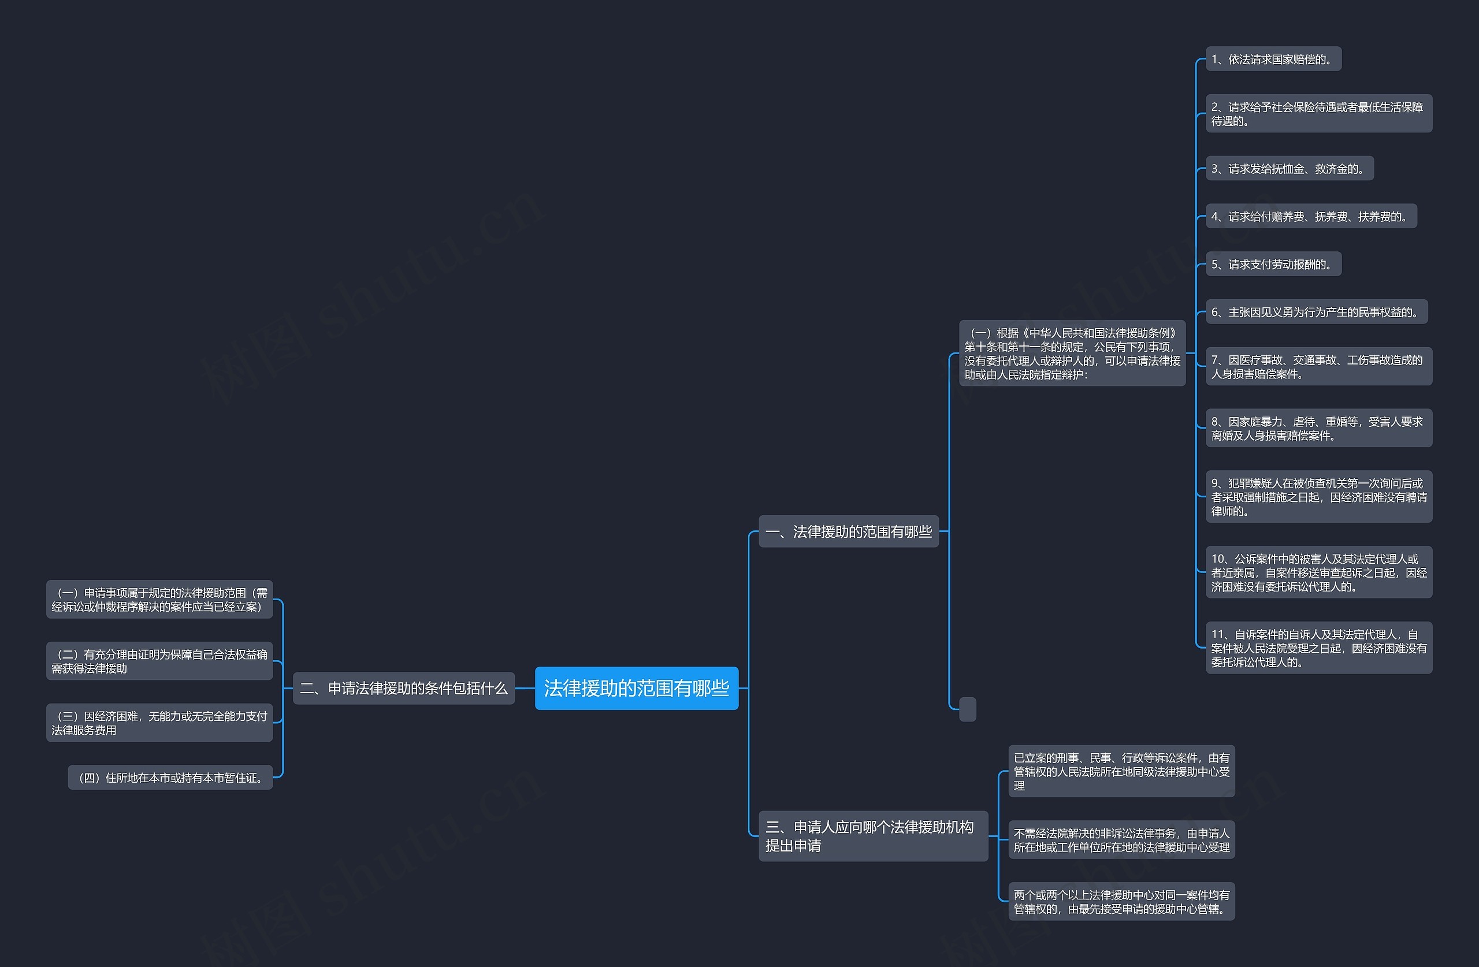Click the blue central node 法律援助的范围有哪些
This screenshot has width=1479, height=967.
point(636,688)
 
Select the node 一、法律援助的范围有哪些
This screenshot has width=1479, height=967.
point(848,531)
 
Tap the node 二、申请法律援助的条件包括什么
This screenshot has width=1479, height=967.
point(403,688)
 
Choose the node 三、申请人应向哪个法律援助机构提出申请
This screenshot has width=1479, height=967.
point(872,836)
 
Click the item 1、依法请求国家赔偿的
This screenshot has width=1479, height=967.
point(1273,59)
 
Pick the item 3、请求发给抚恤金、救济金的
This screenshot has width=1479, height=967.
point(1289,169)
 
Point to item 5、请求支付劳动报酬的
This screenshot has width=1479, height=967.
point(1273,264)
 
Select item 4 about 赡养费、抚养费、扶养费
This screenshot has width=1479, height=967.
point(1311,216)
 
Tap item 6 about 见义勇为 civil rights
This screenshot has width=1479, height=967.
point(1316,312)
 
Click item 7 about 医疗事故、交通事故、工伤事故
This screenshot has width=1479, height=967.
point(1318,367)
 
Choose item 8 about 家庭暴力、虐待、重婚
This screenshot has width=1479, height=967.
point(1318,428)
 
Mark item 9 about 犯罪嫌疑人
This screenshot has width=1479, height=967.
point(1318,497)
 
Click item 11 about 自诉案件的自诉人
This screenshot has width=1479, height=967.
point(1318,648)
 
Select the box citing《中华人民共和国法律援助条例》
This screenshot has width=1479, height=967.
point(1072,353)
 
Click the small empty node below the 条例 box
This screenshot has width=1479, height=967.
point(968,709)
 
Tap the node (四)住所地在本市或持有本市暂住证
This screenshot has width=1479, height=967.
point(170,778)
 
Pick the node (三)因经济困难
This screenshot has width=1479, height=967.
point(159,723)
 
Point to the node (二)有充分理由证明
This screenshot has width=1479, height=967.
point(159,661)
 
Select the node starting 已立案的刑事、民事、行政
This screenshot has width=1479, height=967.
point(1121,771)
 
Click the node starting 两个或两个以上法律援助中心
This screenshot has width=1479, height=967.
point(1121,902)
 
